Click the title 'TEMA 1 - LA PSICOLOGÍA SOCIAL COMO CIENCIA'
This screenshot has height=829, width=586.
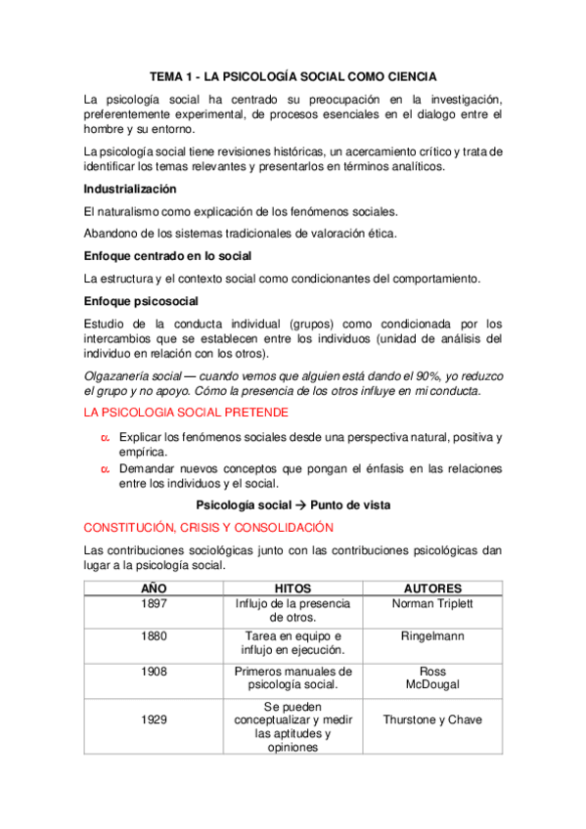pos(293,75)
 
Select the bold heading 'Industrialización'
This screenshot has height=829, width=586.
pos(130,188)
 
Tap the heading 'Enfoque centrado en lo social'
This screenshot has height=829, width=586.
pos(168,255)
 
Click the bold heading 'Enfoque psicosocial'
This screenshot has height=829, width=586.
pos(141,300)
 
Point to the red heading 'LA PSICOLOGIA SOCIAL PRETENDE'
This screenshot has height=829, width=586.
pos(182,413)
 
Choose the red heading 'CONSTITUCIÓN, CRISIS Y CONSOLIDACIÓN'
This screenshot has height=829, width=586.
pos(203,526)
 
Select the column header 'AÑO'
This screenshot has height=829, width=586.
pos(154,589)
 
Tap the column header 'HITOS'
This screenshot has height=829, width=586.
pos(293,589)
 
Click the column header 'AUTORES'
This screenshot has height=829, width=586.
pos(431,589)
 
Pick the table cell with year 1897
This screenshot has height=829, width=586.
pos(154,604)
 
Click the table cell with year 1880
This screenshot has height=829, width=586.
pos(154,636)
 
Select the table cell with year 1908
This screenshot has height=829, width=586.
pos(154,673)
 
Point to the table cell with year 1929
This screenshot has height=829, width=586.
pos(154,720)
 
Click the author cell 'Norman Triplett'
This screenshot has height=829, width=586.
pos(431,604)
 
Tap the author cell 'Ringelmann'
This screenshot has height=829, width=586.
pos(431,636)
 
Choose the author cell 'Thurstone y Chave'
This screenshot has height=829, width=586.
pos(431,720)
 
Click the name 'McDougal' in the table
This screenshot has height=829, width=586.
pos(431,684)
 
